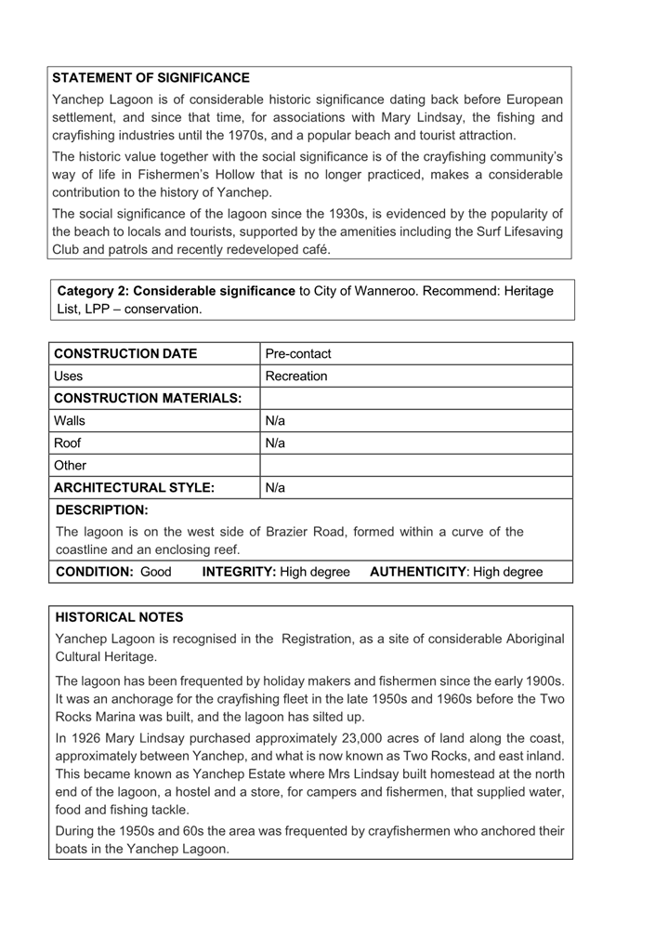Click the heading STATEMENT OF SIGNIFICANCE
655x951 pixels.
pos(151,78)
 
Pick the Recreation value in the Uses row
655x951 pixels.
pos(295,376)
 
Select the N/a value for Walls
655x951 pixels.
pos(275,421)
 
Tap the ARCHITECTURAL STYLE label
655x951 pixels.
pos(135,488)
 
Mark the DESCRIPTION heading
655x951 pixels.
pos(102,510)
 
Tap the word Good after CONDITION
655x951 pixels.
pos(155,572)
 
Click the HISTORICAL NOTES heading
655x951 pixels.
pos(119,617)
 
